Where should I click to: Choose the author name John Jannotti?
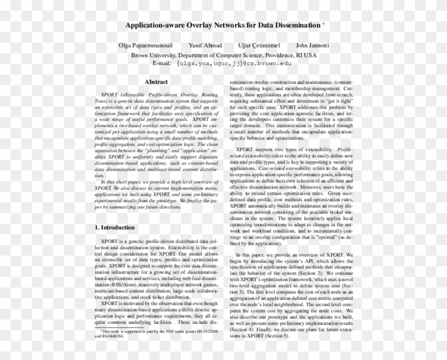(312, 45)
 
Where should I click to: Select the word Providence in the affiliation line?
(286, 55)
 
